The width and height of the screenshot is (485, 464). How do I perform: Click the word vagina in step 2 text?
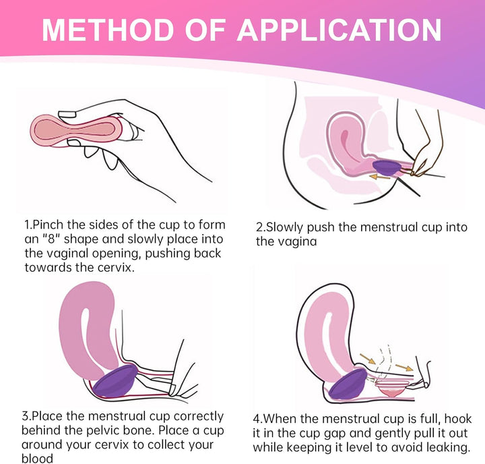click(x=296, y=241)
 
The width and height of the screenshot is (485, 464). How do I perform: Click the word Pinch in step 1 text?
click(x=47, y=225)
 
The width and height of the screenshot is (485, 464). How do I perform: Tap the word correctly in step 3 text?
click(x=195, y=417)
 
